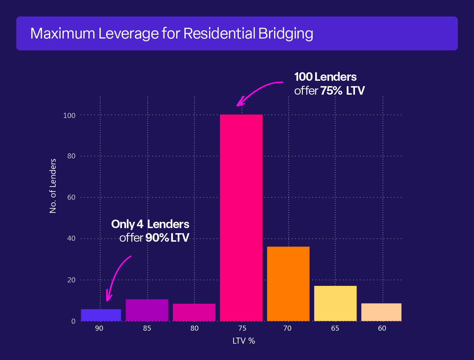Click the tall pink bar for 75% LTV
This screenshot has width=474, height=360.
coord(241,218)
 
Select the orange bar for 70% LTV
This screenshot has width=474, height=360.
coord(288,284)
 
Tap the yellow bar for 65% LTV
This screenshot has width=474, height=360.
coord(335,303)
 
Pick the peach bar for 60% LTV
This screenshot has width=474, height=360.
coord(381,312)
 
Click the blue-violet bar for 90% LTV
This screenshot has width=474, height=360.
coord(101,315)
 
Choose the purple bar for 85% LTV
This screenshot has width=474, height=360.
coord(147,310)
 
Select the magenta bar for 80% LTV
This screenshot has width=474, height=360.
coord(194,312)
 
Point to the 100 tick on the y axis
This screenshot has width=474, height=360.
coord(69,115)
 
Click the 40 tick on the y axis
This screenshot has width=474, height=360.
coord(71,239)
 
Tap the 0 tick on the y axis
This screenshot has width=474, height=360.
coord(74,321)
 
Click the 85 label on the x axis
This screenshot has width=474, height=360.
coord(147,328)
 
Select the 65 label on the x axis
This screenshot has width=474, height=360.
coord(335,328)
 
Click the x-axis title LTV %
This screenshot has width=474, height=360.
coord(243,341)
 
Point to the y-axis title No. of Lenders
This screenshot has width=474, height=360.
coord(53,186)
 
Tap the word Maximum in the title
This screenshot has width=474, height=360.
coord(63,33)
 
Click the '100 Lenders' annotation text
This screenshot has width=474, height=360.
coord(325,77)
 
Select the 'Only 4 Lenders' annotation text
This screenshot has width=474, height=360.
coord(150,224)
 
